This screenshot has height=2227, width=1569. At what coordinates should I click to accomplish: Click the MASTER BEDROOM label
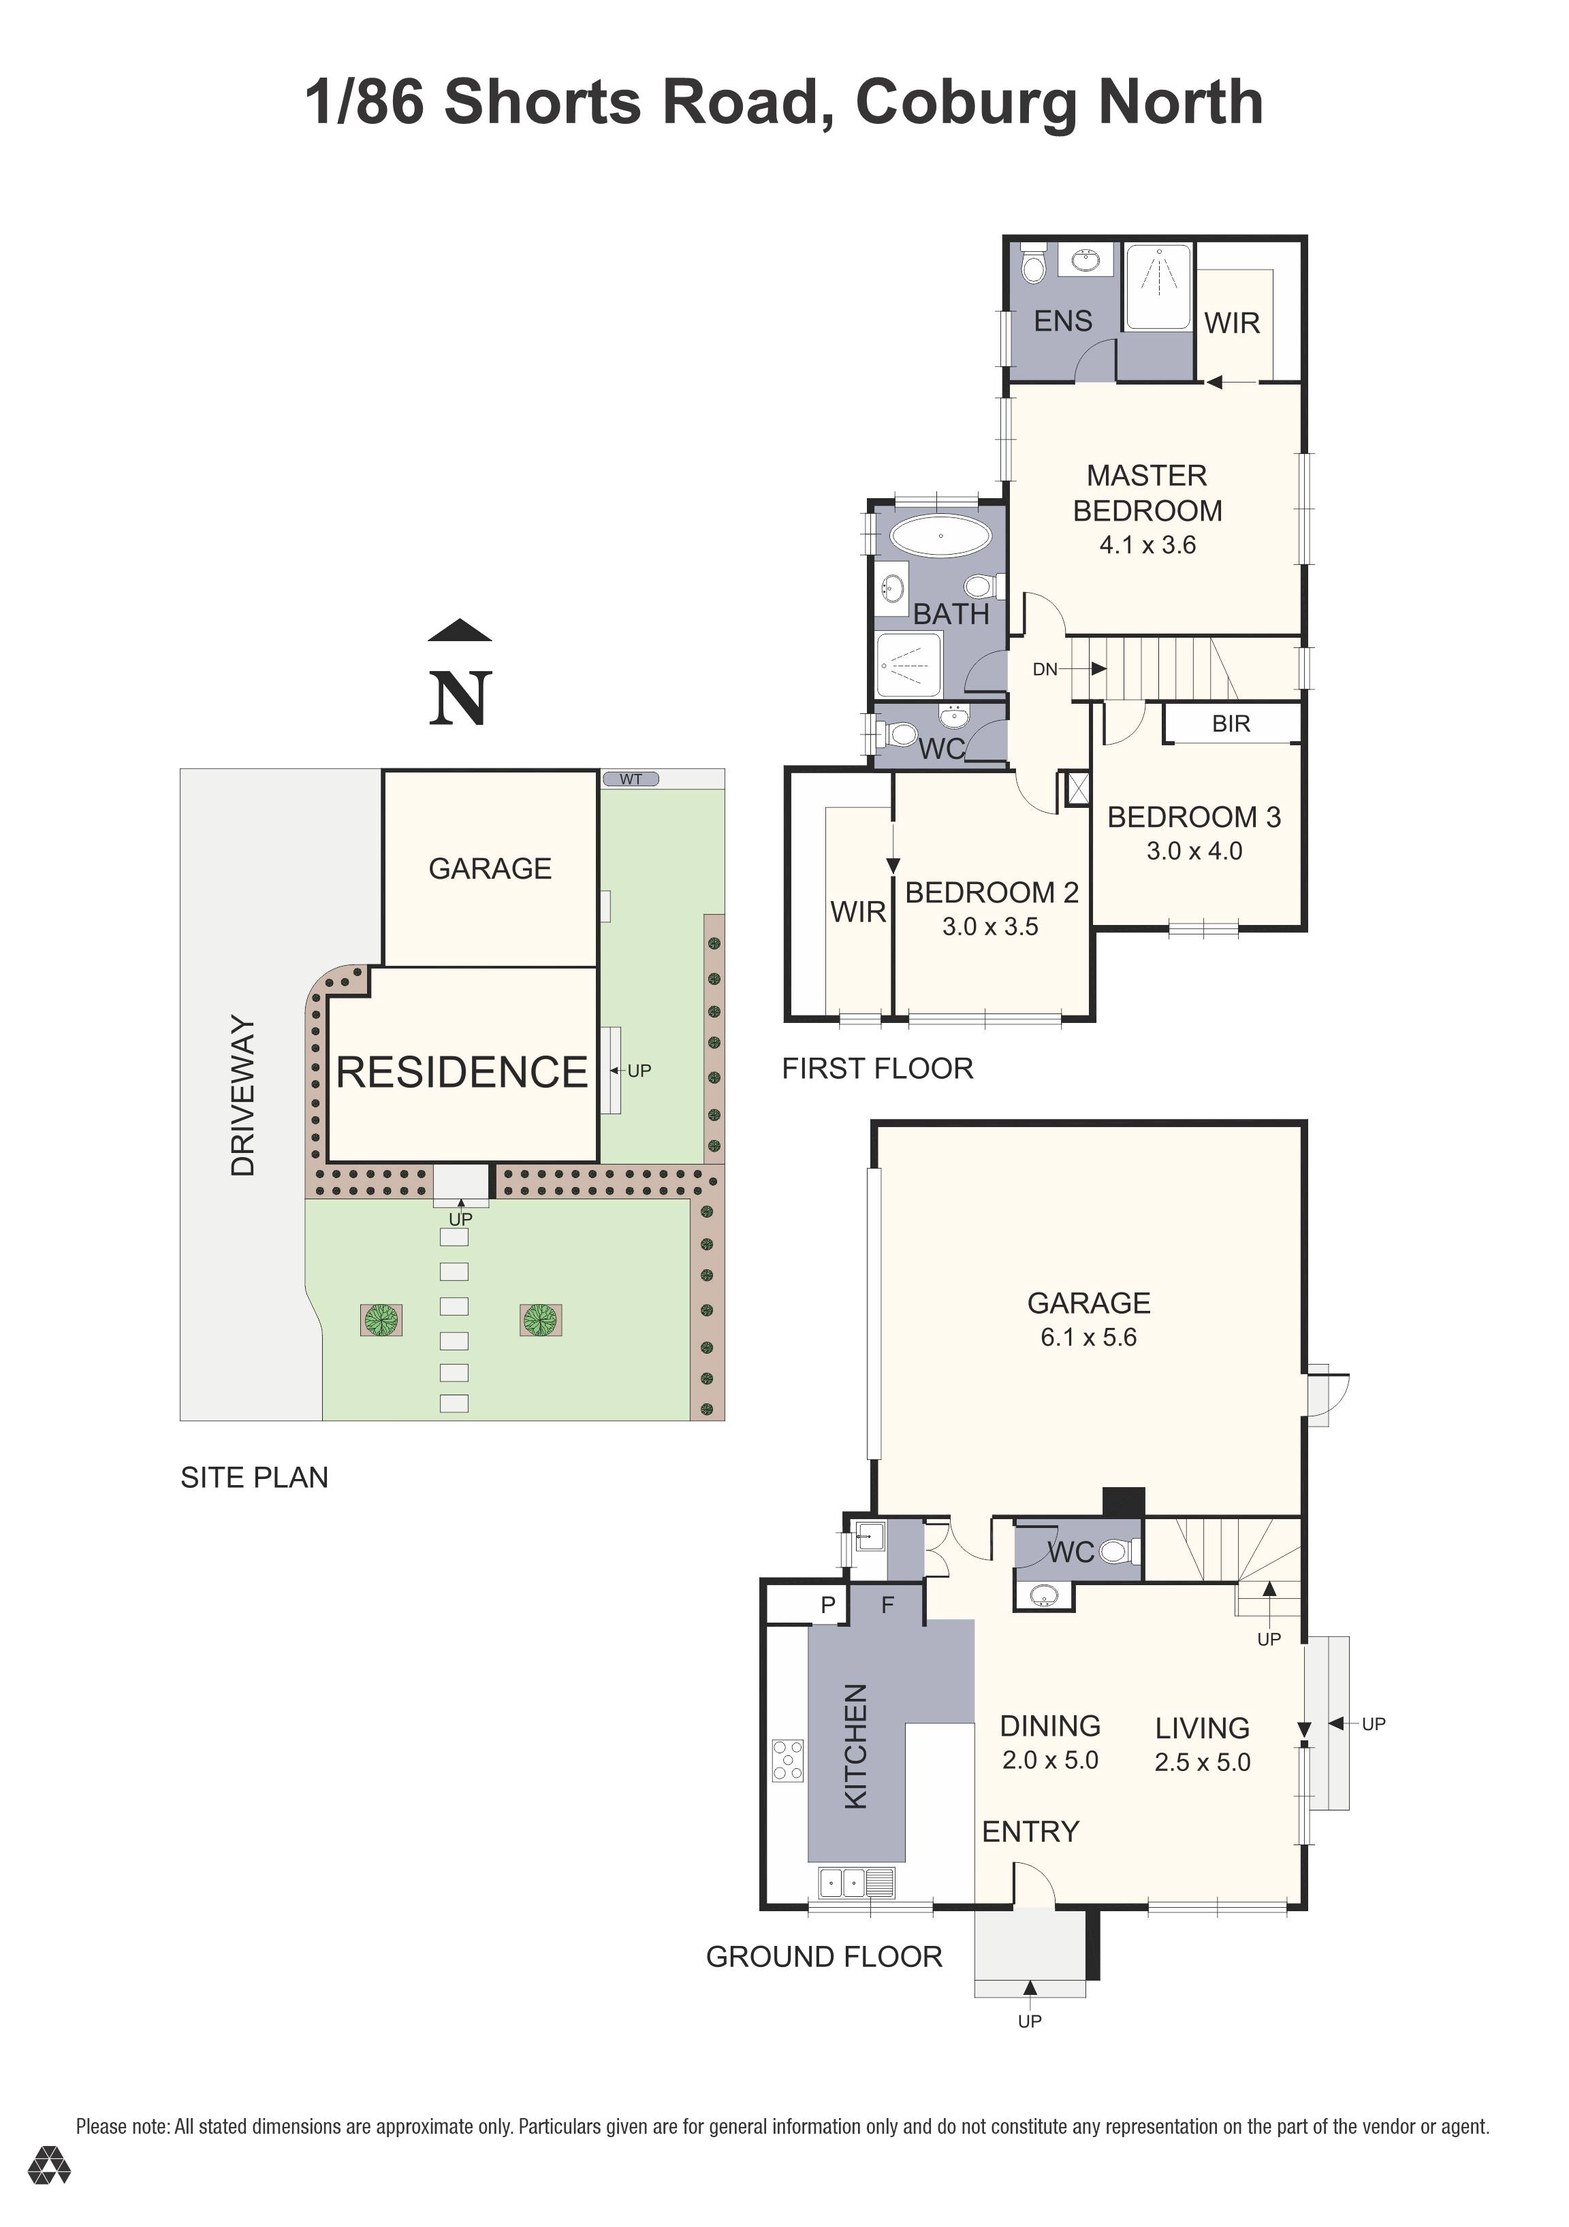click(1146, 493)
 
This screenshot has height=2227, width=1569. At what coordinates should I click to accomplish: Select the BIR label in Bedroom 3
click(1231, 724)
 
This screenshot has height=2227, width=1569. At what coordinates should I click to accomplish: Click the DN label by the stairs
click(1044, 669)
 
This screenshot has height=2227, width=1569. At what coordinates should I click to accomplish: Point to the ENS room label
click(1062, 321)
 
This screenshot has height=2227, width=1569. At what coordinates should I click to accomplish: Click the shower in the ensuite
click(1158, 288)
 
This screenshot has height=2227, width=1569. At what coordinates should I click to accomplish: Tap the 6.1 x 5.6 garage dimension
click(1088, 1337)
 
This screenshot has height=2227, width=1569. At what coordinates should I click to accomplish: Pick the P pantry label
click(827, 1606)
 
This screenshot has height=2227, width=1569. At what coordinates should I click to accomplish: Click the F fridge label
click(887, 1606)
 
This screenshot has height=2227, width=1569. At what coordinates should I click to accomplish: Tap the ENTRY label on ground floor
click(1030, 1832)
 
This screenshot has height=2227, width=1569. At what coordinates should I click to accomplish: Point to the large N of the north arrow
click(460, 698)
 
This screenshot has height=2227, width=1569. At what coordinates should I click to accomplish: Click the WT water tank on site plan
click(631, 779)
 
